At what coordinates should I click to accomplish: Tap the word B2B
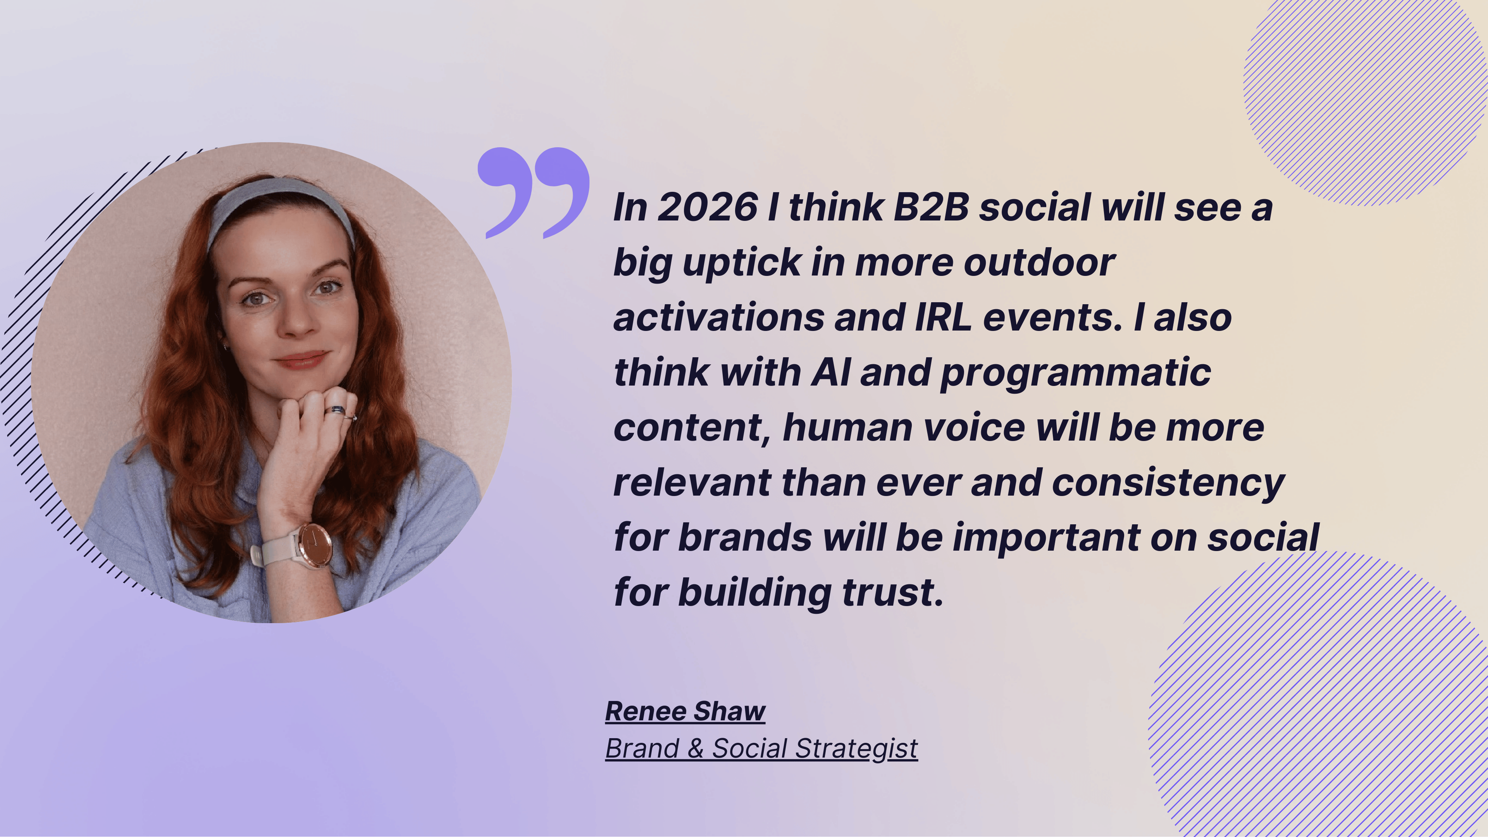(930, 207)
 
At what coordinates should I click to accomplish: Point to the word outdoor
(1039, 262)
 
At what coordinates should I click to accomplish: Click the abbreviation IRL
(943, 318)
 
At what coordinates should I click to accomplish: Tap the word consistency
(1168, 484)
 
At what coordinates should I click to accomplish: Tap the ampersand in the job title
(696, 749)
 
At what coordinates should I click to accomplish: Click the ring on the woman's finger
(336, 410)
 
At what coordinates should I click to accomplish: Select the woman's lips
(301, 360)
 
